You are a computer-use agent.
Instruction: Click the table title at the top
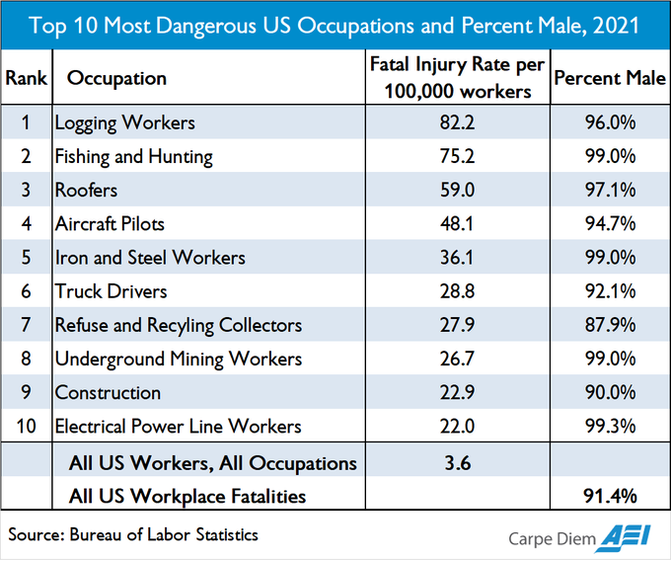335,25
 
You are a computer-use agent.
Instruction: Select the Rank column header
27,77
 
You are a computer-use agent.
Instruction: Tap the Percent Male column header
609,77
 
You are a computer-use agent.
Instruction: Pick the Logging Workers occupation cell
124,123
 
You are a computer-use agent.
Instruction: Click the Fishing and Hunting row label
133,157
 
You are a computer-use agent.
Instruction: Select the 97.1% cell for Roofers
608,191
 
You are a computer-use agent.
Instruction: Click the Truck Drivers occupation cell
111,291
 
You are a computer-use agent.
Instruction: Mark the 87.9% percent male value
608,325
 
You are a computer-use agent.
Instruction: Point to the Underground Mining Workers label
178,359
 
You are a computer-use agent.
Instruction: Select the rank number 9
27,392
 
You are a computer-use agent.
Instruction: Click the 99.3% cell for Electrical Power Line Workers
608,426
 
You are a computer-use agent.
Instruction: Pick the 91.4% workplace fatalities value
608,496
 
